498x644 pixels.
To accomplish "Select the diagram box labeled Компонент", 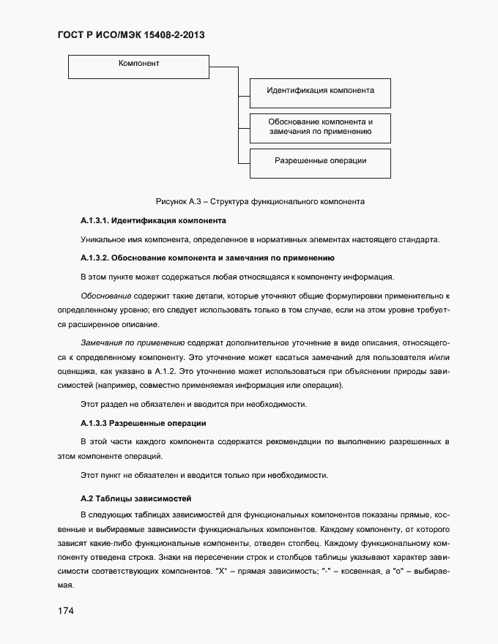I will point(139,67).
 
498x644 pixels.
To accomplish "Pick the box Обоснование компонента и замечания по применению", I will point(320,127).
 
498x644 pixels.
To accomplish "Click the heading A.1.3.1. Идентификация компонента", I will point(152,220).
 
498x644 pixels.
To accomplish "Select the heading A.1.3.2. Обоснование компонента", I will point(207,258).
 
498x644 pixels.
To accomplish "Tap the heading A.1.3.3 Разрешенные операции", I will point(143,423).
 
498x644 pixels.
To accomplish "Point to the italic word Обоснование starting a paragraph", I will point(105,296).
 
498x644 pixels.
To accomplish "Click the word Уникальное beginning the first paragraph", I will point(103,239).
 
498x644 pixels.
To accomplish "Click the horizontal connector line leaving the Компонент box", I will point(224,67).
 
